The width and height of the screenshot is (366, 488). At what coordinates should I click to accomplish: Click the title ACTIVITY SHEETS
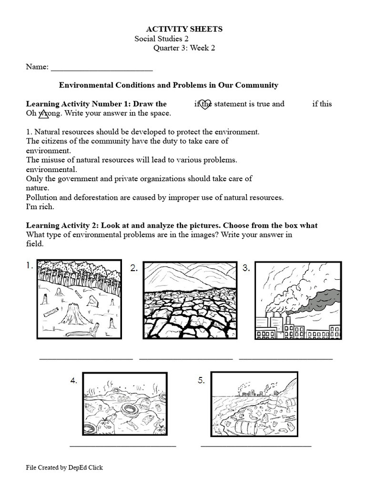pos(184,29)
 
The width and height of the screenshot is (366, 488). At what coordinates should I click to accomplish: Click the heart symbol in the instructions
pos(204,104)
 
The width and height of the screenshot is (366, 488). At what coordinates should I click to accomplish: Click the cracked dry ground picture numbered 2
pos(190,300)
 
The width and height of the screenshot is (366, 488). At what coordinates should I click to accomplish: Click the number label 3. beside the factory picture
pos(246,268)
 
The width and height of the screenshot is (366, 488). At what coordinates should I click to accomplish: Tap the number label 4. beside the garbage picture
pos(74,380)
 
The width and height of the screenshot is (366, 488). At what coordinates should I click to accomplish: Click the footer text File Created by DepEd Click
pos(64,468)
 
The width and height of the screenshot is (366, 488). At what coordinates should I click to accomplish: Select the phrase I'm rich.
pos(40,207)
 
